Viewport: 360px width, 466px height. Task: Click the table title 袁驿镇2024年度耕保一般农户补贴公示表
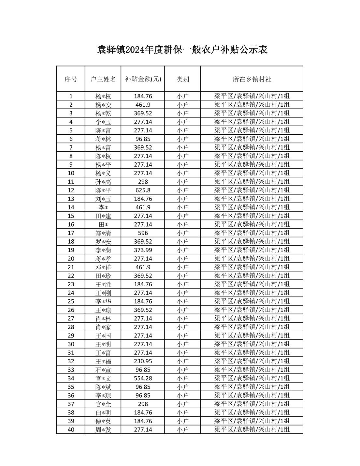point(182,50)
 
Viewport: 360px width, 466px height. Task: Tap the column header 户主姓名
point(103,79)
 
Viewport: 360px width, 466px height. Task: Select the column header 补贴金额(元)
point(143,79)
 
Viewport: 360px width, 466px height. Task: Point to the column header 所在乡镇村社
point(252,79)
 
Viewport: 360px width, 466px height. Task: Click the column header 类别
point(182,79)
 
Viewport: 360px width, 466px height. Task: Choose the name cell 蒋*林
point(103,139)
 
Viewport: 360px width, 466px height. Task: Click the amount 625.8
point(143,190)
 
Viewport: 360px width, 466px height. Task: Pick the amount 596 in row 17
point(143,233)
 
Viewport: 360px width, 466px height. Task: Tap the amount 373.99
point(143,250)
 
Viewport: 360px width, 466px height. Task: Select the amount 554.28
point(143,378)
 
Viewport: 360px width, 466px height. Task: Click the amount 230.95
point(143,361)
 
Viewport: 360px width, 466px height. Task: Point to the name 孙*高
point(103,182)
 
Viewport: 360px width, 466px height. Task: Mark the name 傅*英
point(103,421)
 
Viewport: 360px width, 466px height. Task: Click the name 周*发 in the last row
point(103,429)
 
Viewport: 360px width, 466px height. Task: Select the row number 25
point(71,301)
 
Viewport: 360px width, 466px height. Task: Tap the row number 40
point(71,429)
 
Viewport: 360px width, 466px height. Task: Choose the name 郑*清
point(103,233)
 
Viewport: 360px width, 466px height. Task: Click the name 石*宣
point(103,370)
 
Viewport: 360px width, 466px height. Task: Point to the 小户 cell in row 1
point(182,96)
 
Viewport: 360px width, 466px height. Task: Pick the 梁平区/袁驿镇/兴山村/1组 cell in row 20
point(252,259)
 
